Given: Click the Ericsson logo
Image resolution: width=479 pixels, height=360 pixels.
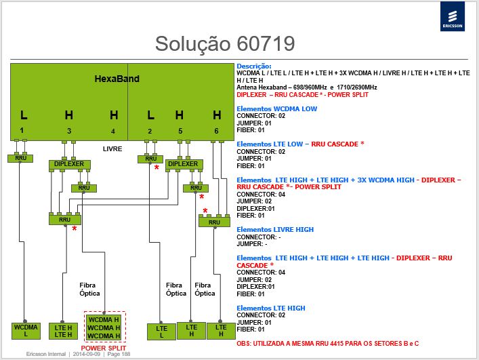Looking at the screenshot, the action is [453, 16].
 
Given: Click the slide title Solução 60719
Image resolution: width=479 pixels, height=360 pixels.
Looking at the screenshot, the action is [225, 43].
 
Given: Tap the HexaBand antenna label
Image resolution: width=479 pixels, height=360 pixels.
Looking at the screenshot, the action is [117, 79].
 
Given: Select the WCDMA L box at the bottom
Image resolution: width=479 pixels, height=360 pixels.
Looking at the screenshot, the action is [26, 331].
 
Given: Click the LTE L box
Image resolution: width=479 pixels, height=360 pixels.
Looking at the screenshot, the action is [161, 332].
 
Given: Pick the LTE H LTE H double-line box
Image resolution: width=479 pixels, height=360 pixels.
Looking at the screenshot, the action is [63, 332].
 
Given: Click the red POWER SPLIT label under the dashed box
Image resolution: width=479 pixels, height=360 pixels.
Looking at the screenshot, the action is [104, 348].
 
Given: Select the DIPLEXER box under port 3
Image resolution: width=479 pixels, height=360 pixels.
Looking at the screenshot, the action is [69, 165].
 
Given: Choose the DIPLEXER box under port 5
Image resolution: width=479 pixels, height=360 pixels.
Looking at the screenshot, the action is [184, 165].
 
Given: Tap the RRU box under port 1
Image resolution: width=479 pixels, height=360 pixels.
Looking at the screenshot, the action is [20, 158].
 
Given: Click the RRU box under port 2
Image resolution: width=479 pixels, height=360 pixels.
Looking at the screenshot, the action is [150, 159].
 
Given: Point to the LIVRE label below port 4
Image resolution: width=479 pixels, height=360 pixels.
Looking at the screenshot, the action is [112, 149].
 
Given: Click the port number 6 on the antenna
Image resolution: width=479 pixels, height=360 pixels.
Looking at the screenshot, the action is [216, 131].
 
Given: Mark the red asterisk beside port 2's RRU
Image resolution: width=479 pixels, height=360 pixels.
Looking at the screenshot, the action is [157, 167].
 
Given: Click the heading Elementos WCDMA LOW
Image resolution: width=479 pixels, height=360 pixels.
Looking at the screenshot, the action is [277, 108].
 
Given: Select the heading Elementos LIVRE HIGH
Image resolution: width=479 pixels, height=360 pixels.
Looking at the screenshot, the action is [275, 230].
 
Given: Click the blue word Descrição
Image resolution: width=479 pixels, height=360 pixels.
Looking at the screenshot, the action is [254, 66].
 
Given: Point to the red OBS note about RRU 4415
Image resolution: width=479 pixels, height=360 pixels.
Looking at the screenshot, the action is [327, 344].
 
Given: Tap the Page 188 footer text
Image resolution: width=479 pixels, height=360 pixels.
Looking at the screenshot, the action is [119, 354].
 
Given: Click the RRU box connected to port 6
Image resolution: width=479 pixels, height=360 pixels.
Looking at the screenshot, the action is [214, 222].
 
